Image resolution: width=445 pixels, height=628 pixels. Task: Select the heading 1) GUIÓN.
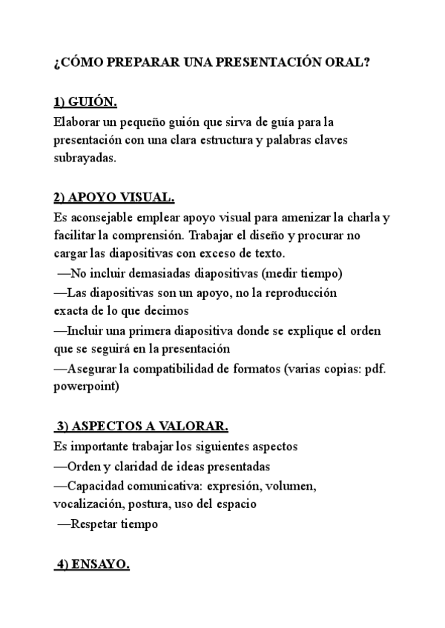point(85,102)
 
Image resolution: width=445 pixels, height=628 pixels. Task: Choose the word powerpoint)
point(87,386)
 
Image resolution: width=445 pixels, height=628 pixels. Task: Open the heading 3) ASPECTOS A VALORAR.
point(142,427)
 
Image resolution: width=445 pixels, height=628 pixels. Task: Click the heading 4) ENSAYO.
point(93,564)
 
